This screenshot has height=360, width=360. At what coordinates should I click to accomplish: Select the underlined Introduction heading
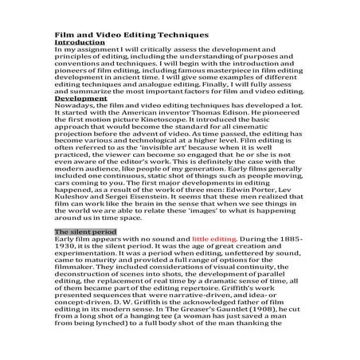(78, 41)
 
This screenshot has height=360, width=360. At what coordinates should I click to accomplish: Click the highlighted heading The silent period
(84, 231)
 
